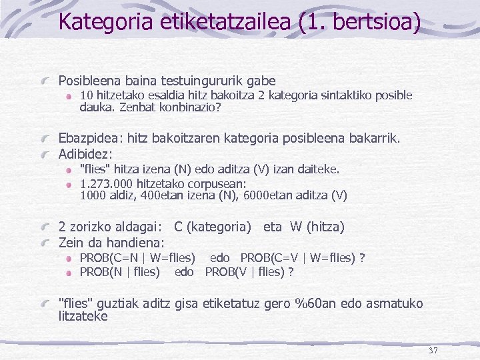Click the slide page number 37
coord(433,351)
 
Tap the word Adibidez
coord(85,153)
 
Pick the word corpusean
coord(217,183)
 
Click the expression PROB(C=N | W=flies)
coord(137,257)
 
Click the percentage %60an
coord(317,303)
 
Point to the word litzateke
coord(83,316)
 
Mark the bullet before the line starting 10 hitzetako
coord(69,96)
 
